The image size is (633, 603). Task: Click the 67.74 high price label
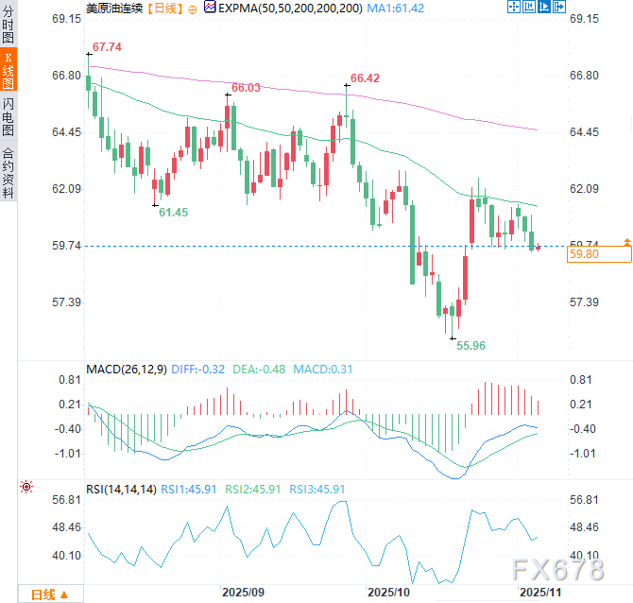(x=108, y=47)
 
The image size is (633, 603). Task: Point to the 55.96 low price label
(x=470, y=346)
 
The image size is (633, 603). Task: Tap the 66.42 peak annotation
(x=365, y=78)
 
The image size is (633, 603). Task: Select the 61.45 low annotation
(x=173, y=213)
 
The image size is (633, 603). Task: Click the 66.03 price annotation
(x=246, y=87)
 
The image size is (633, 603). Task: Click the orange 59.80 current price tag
(x=599, y=253)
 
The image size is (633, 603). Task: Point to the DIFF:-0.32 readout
(x=199, y=369)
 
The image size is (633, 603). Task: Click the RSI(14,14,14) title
(x=120, y=489)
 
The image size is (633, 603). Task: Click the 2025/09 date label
(x=242, y=593)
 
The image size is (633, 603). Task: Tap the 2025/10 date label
(x=389, y=593)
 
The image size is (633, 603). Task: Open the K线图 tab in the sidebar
(x=9, y=71)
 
